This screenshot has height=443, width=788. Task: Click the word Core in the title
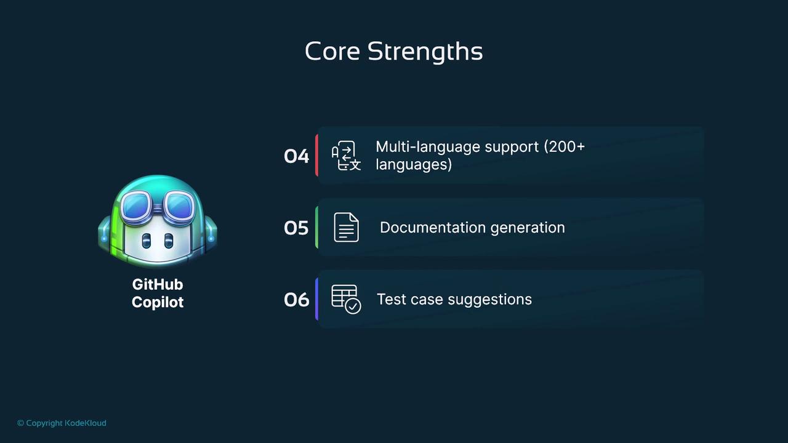coord(332,51)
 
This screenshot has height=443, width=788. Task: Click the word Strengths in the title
coord(425,53)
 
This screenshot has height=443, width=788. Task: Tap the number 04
coord(296,156)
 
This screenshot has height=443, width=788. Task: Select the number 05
coord(296,228)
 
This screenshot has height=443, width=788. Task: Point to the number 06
coord(296,300)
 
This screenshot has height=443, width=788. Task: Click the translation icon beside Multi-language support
coord(346,156)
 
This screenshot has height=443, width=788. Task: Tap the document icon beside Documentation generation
coord(346,227)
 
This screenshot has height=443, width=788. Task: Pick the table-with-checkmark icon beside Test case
coord(346,299)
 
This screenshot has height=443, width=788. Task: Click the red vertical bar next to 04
coord(317,155)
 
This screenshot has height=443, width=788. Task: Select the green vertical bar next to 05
coord(317,227)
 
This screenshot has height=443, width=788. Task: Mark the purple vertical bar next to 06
coord(317,299)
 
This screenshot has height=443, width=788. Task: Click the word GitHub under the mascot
coord(158,284)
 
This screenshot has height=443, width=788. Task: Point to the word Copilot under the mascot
coord(158,302)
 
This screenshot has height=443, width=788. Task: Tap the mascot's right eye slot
coord(169,241)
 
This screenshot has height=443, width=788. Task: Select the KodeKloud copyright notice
coord(62,423)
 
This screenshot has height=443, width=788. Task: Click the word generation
coord(528,228)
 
